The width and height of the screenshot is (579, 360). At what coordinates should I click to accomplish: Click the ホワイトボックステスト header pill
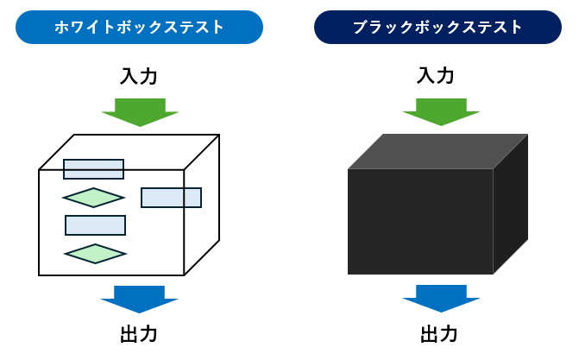[139, 27]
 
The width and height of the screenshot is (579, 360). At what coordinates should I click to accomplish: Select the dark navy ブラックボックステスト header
[437, 27]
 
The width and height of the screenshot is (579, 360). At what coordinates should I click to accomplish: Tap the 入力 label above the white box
[139, 76]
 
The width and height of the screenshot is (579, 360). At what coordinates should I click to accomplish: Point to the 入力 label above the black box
[435, 75]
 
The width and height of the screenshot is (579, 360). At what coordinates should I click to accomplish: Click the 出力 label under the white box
[139, 334]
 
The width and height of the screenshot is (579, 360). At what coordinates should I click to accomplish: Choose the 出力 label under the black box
[438, 333]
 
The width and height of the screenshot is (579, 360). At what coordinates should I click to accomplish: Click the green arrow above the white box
[140, 111]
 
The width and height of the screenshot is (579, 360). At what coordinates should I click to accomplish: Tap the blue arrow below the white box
[139, 298]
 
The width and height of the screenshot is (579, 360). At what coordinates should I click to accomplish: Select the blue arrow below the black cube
[441, 297]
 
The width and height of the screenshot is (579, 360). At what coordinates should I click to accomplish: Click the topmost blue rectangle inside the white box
[93, 169]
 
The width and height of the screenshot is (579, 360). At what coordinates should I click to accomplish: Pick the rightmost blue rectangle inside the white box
[171, 198]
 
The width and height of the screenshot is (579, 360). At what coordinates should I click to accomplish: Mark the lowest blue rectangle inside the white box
[95, 225]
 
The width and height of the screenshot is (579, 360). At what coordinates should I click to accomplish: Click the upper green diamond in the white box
[93, 198]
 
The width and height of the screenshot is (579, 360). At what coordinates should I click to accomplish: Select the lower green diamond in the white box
[95, 254]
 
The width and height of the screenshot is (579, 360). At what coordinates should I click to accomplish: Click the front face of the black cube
[420, 222]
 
